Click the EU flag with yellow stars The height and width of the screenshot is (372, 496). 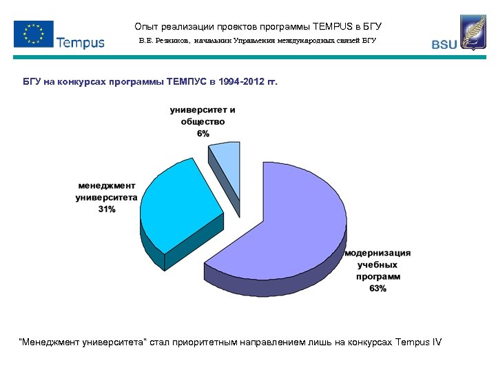33,33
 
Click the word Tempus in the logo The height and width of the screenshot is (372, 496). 81,43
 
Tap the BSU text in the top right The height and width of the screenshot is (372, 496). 444,45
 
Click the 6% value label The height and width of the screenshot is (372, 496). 203,133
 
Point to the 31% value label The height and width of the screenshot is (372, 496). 106,209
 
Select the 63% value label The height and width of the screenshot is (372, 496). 378,288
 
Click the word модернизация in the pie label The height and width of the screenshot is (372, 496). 378,253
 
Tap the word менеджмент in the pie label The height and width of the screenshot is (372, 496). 106,185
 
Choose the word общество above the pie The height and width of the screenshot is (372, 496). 203,121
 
